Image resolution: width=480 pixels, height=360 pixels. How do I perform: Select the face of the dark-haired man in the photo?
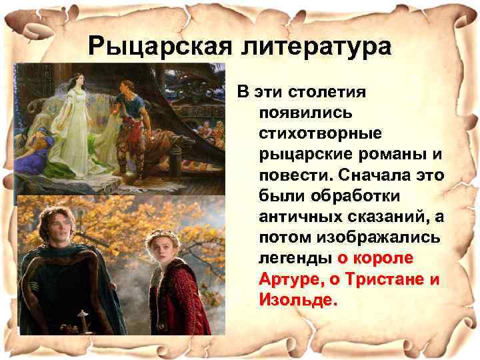56,220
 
